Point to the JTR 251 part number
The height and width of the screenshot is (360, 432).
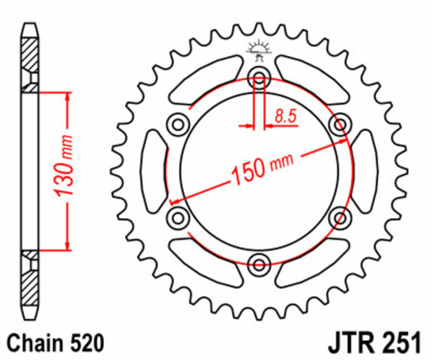click(373, 343)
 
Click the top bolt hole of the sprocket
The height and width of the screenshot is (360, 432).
click(259, 79)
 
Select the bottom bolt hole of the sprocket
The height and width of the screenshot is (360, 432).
click(259, 264)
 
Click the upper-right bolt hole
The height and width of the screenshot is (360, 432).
click(340, 125)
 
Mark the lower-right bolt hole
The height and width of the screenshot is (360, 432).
click(340, 218)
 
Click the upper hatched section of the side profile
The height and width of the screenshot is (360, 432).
click(30, 54)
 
